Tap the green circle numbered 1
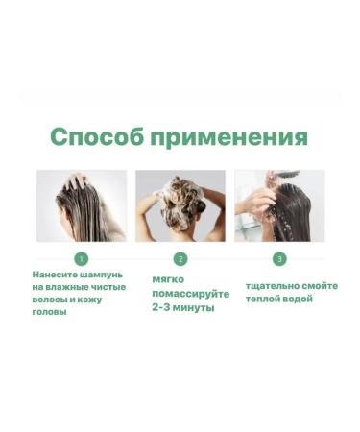point(82,258)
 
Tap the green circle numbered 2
point(180,258)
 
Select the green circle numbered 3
point(279,258)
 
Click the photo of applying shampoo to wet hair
point(82,205)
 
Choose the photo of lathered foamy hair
point(180,205)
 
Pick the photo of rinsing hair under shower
point(279,205)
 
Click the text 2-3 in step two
point(163,308)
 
